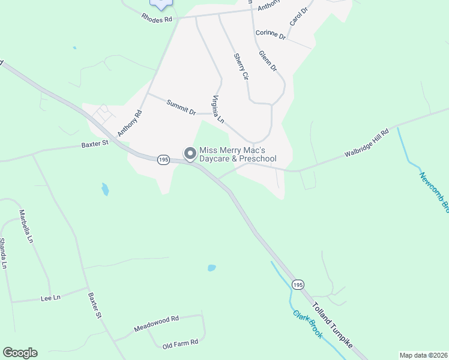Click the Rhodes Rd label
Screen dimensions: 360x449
(157, 19)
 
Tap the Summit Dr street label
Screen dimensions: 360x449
(181, 107)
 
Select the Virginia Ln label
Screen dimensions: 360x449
(217, 109)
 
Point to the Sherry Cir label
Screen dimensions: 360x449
(241, 67)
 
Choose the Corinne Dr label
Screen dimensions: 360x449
(270, 34)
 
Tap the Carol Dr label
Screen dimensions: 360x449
(298, 16)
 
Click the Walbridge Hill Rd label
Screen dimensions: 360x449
(367, 142)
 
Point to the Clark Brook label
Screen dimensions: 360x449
(307, 324)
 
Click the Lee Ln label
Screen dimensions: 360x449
(50, 298)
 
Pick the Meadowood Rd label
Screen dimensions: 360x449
(157, 325)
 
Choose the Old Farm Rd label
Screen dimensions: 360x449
(180, 343)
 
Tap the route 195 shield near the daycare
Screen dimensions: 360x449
(163, 160)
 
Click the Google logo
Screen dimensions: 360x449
(20, 353)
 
